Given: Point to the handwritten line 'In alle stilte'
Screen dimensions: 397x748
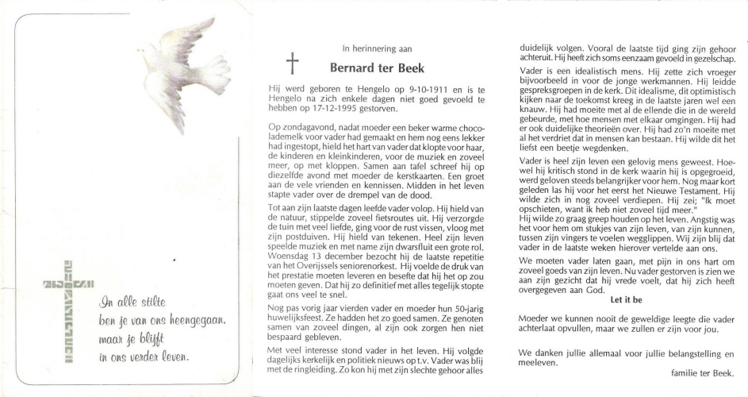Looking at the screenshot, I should pyautogui.click(x=132, y=303).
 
